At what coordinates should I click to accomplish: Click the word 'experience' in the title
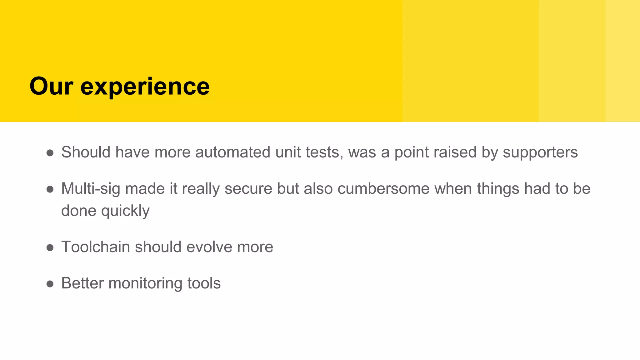[x=145, y=87]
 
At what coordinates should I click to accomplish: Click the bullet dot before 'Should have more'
[x=50, y=153]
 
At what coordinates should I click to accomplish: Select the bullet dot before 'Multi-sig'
[x=50, y=189]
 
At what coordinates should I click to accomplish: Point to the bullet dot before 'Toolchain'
[x=50, y=248]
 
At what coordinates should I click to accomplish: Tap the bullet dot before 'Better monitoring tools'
[x=50, y=284]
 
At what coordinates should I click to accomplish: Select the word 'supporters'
[x=540, y=153]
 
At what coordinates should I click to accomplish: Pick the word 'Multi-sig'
[x=91, y=189]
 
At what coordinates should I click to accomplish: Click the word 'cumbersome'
[x=383, y=189]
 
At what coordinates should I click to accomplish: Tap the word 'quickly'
[x=125, y=211]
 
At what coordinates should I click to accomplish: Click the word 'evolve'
[x=209, y=247]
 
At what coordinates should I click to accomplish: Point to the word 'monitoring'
[x=145, y=283]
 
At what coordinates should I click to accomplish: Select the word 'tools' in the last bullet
[x=204, y=283]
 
